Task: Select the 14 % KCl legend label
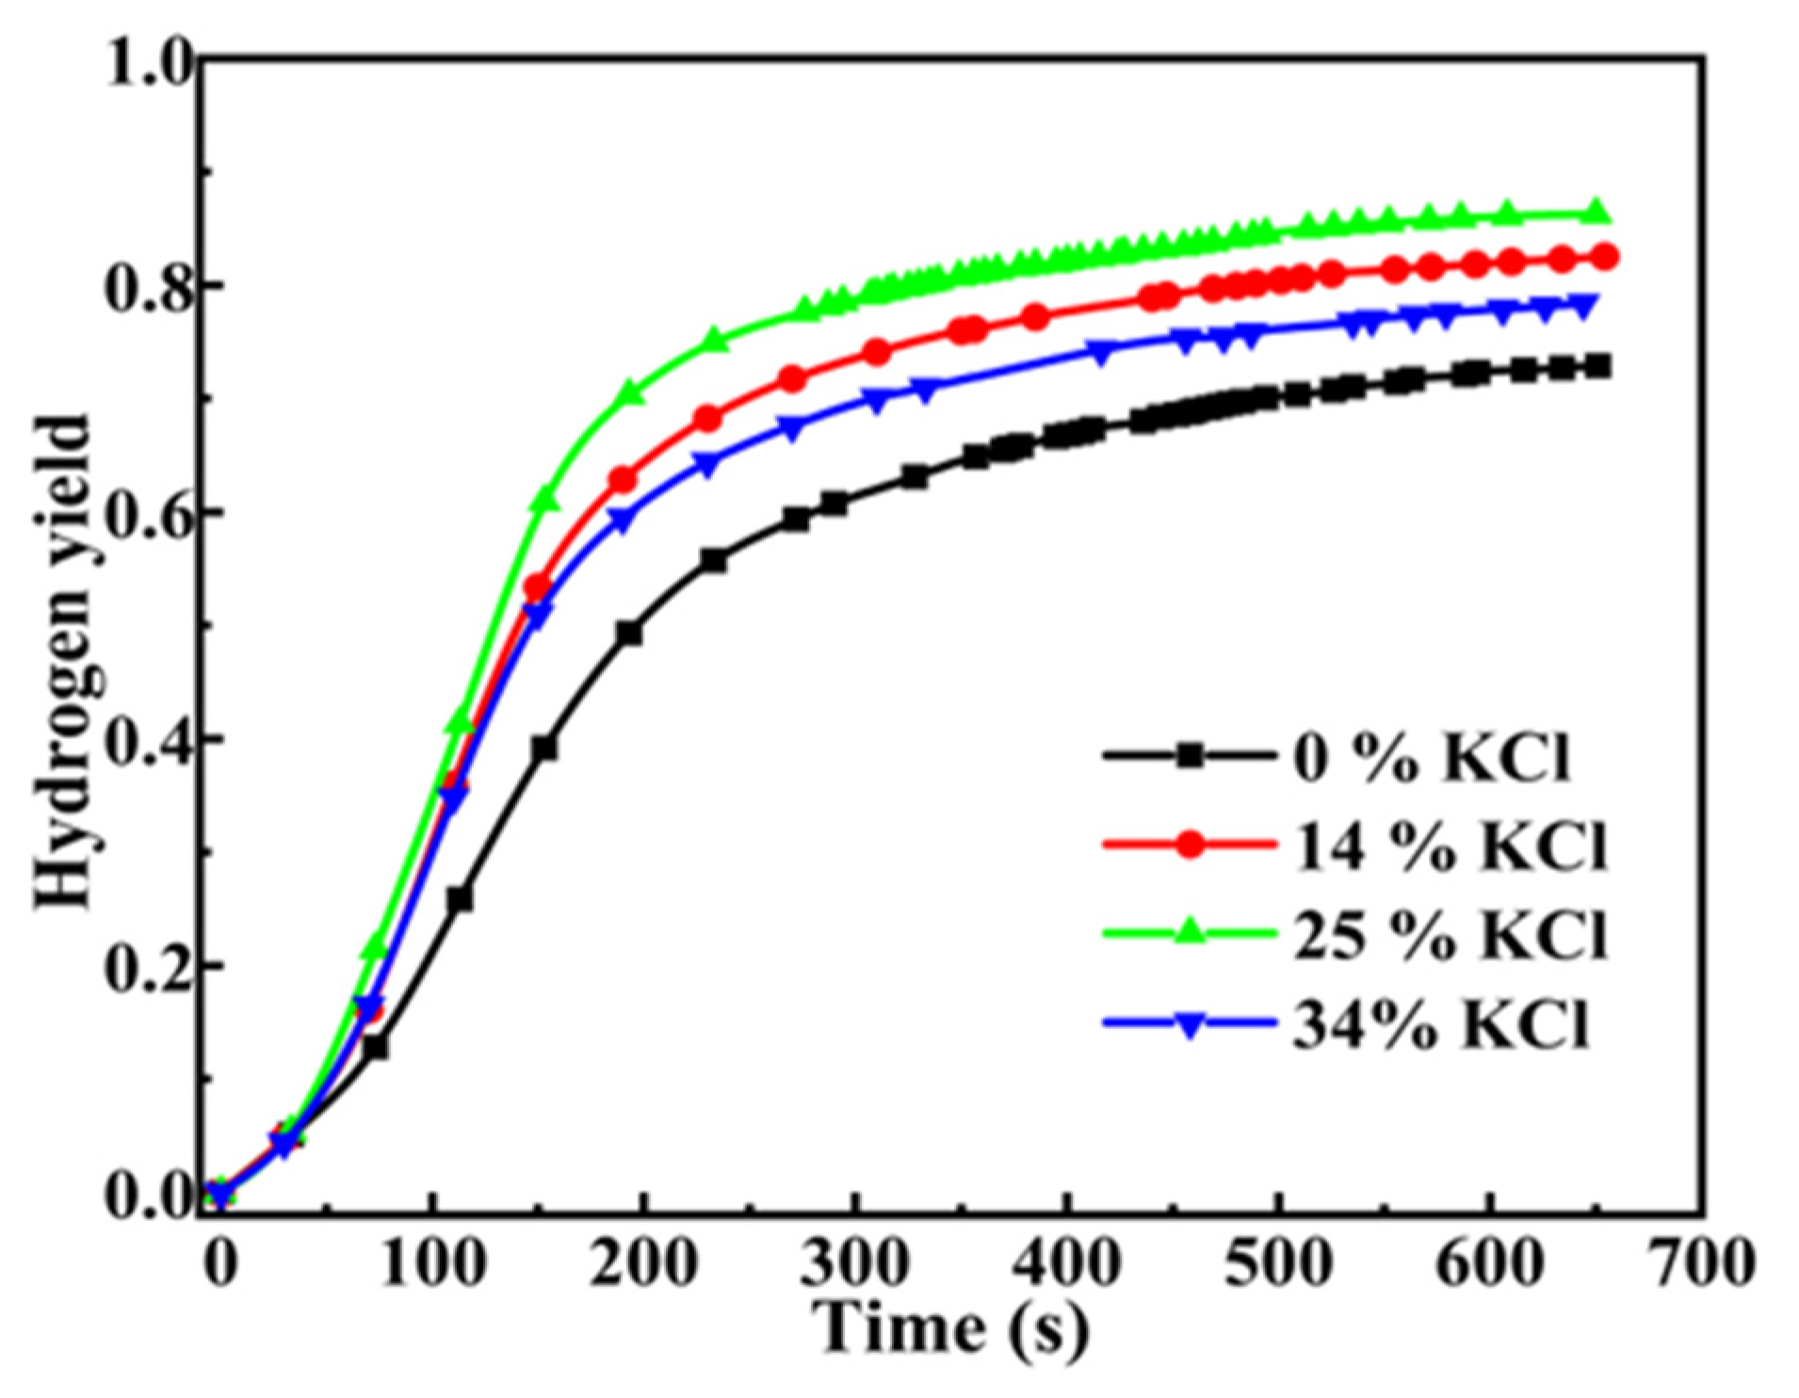tap(1449, 844)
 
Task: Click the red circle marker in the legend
tap(1191, 844)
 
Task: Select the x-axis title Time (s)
tap(951, 1327)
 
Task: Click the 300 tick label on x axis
tap(855, 1261)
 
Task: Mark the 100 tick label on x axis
tap(432, 1261)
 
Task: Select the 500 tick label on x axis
tap(1278, 1261)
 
